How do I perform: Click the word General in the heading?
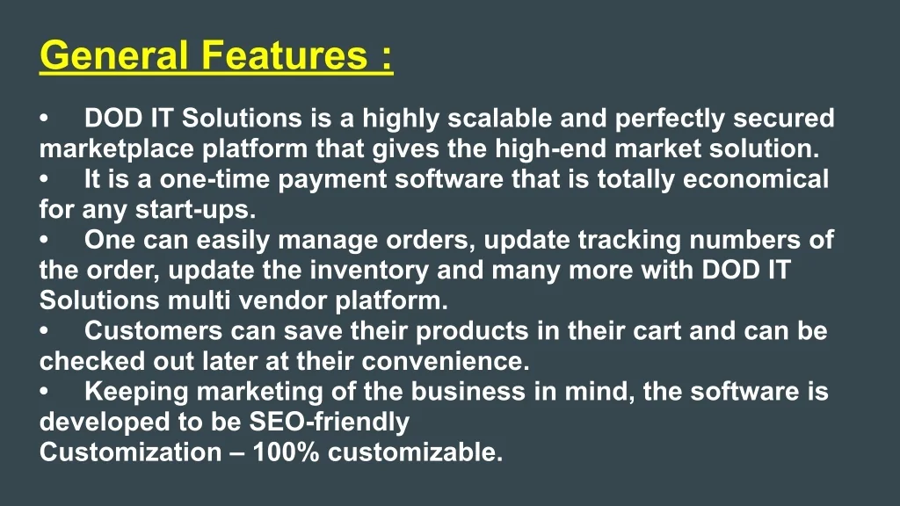coord(113,55)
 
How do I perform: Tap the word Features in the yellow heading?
coord(284,55)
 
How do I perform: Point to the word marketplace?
coord(117,149)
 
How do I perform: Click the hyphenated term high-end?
coord(550,149)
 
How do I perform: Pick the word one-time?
coord(214,179)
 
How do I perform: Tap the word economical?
coord(756,179)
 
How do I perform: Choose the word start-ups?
coord(195,210)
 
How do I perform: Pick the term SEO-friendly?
coord(329,423)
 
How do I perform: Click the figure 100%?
coord(286,452)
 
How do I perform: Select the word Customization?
coord(130,452)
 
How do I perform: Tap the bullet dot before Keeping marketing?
coord(44,392)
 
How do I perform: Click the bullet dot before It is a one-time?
coord(44,179)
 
